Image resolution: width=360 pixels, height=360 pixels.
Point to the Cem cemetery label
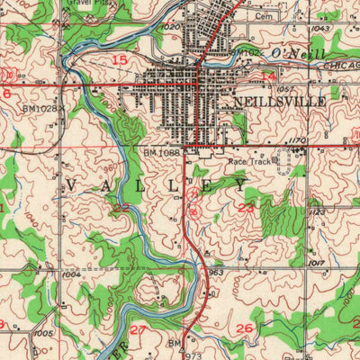pyautogui.click(x=264, y=16)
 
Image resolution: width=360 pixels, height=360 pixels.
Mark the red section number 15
pyautogui.click(x=120, y=59)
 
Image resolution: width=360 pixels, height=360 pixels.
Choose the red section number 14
pyautogui.click(x=268, y=79)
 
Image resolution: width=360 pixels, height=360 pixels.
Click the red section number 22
pyautogui.click(x=121, y=208)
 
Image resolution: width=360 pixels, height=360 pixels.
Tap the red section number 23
pyautogui.click(x=247, y=208)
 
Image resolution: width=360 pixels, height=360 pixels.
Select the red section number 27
pyautogui.click(x=137, y=330)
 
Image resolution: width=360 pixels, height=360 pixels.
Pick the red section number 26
pyautogui.click(x=243, y=329)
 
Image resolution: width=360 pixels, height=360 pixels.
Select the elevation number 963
pyautogui.click(x=216, y=271)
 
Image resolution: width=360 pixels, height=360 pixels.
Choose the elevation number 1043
pyautogui.click(x=319, y=30)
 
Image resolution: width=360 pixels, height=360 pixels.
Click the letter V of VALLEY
pyautogui.click(x=71, y=184)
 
